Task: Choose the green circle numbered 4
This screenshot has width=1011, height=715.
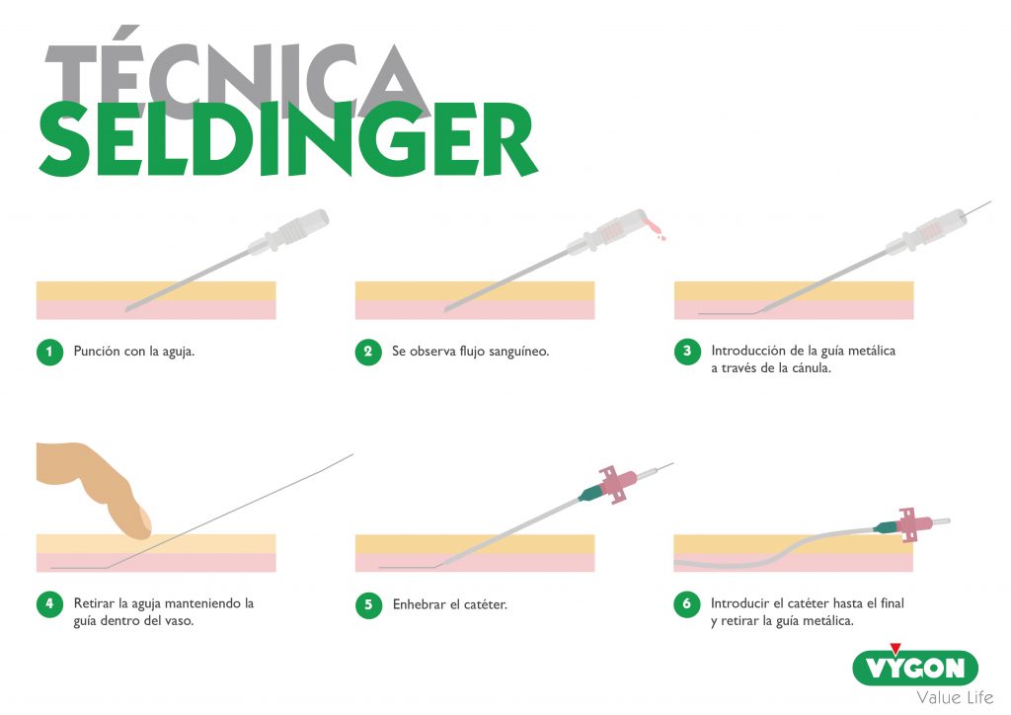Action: pyautogui.click(x=48, y=604)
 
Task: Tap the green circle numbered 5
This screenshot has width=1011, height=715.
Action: pyautogui.click(x=367, y=604)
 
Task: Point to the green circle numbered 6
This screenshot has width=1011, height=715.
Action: pyautogui.click(x=686, y=604)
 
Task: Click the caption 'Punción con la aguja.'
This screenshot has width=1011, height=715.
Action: pyautogui.click(x=134, y=352)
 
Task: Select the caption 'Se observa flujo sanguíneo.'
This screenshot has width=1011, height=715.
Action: pyautogui.click(x=471, y=352)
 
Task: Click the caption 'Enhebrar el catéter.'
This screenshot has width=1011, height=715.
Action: pyautogui.click(x=449, y=603)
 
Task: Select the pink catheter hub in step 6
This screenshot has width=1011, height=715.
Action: pyautogui.click(x=912, y=523)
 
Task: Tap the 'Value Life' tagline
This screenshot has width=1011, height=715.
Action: pyautogui.click(x=954, y=697)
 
